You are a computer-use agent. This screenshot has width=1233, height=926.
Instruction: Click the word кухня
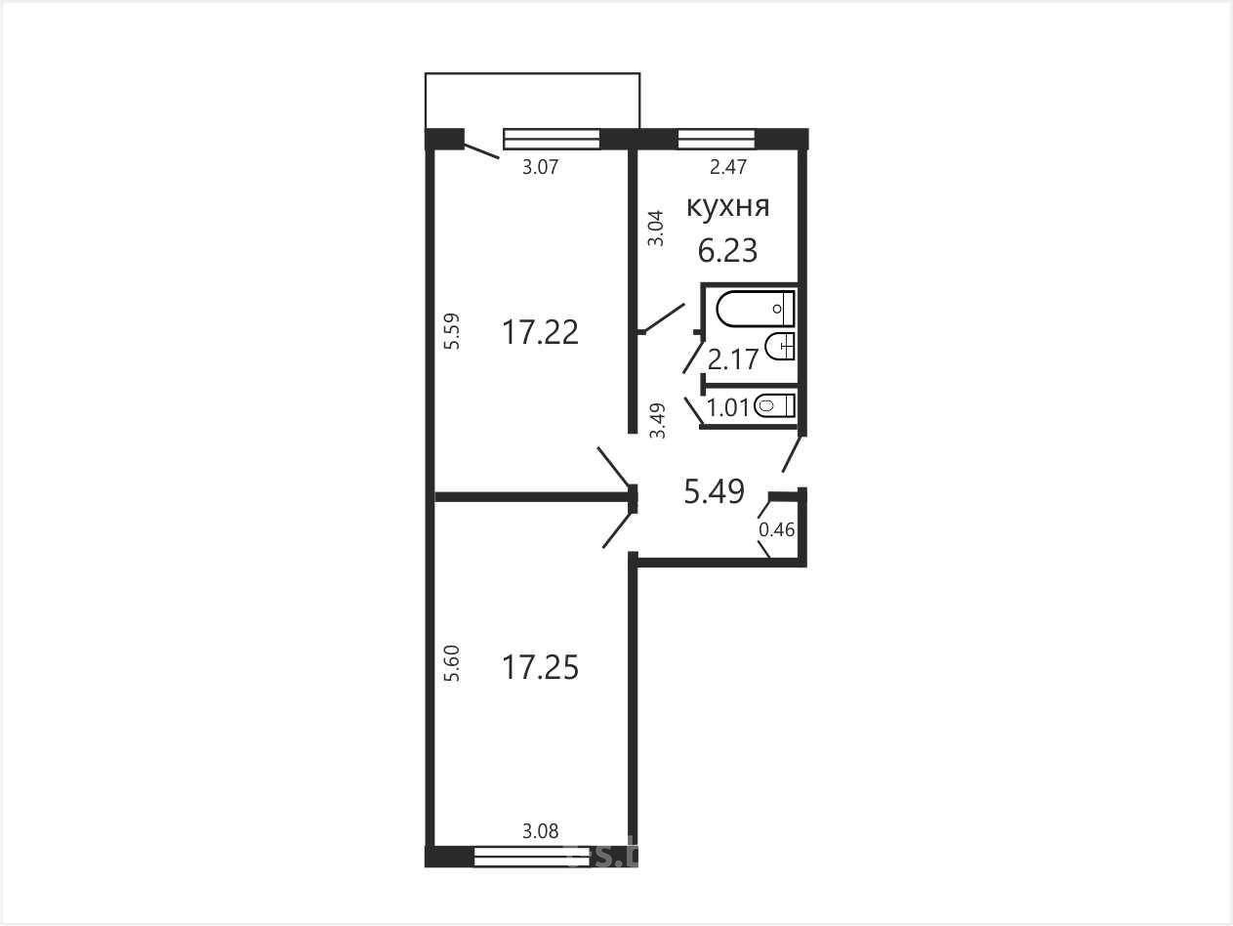[728, 207]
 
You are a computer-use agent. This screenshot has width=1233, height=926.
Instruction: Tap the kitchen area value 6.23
[727, 251]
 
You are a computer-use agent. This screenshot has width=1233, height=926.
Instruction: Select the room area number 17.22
[540, 332]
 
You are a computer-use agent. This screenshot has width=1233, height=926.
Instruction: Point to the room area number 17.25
[540, 667]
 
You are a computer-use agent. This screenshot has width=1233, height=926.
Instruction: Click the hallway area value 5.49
[714, 491]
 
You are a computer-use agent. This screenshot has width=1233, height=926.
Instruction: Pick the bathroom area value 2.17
[733, 359]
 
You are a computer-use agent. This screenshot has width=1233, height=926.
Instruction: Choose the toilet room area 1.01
[728, 408]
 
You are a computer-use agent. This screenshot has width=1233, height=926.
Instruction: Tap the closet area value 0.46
[777, 529]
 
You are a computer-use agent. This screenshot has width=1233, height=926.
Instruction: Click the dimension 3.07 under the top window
[541, 167]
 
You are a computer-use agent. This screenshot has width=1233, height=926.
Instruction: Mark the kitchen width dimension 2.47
[728, 166]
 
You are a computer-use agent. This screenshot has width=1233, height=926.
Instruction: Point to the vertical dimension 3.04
[656, 229]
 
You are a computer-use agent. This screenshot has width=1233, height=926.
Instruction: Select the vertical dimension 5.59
[452, 331]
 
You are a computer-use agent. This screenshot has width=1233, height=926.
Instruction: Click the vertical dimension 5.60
[452, 663]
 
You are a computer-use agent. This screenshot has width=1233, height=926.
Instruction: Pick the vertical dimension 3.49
[657, 420]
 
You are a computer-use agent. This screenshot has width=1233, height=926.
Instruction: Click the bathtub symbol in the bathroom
[756, 309]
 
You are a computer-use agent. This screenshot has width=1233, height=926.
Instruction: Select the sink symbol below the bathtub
[780, 346]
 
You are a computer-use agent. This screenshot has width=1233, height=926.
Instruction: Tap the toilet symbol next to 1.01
[774, 405]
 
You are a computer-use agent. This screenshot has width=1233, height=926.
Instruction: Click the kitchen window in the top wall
[717, 139]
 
